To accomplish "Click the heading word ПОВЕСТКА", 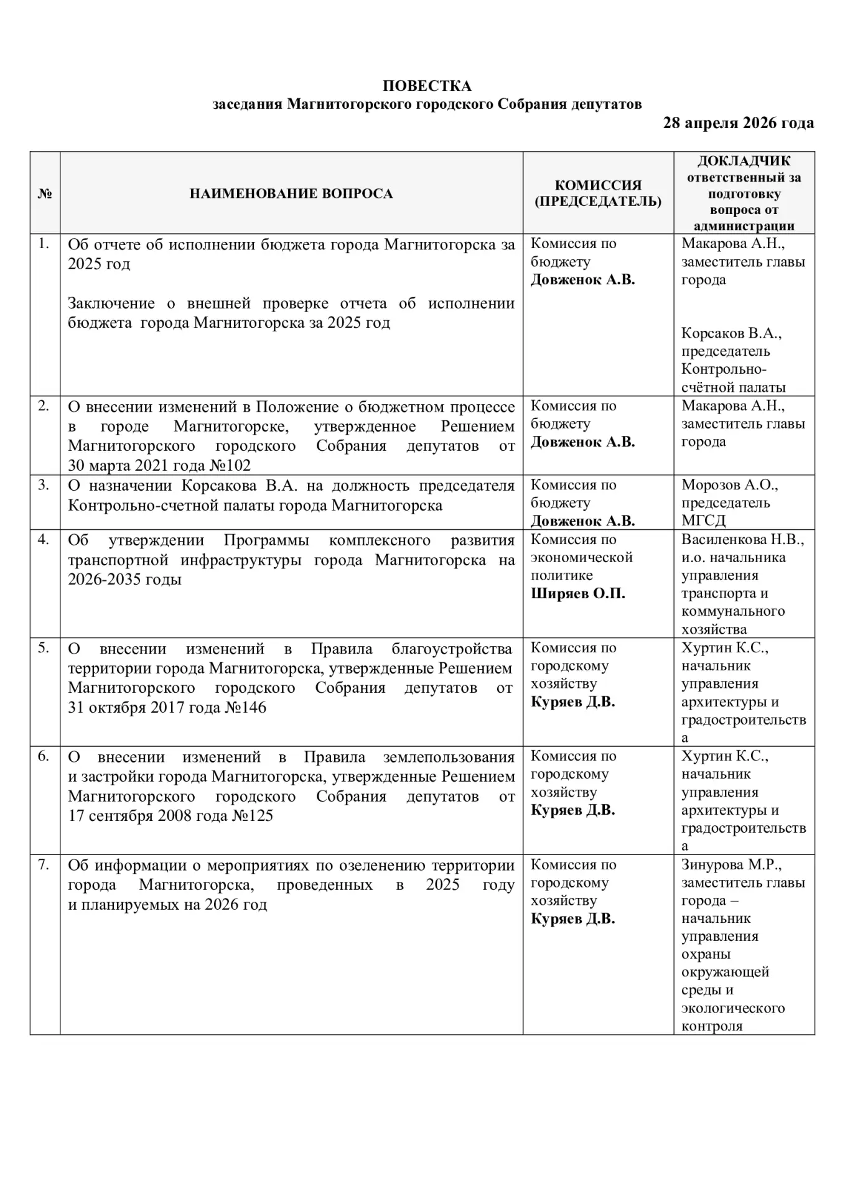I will tap(426, 86).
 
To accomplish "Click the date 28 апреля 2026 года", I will tap(738, 123).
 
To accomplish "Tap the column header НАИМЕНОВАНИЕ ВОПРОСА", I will tap(291, 193).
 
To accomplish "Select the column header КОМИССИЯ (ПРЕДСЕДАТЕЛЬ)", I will tap(598, 193).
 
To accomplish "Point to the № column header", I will tap(45, 193).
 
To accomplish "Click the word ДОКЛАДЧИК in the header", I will tap(744, 161).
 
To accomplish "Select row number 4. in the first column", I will tap(44, 539).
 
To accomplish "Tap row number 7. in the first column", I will tap(44, 864).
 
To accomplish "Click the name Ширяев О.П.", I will tap(577, 593).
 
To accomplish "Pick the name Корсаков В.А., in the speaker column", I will tap(731, 333).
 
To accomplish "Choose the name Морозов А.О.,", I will tap(729, 484).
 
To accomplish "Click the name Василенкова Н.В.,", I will tap(742, 539).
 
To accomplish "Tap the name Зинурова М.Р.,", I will tap(731, 864).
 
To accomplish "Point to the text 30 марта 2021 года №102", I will tap(159, 466).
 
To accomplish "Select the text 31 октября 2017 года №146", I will tap(167, 707).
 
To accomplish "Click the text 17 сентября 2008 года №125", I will tap(170, 815).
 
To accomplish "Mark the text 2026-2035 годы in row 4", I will tap(124, 579).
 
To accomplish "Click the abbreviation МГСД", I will tap(703, 521).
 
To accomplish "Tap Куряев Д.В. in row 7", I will tap(572, 919).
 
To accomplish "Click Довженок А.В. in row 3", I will tap(582, 521).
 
